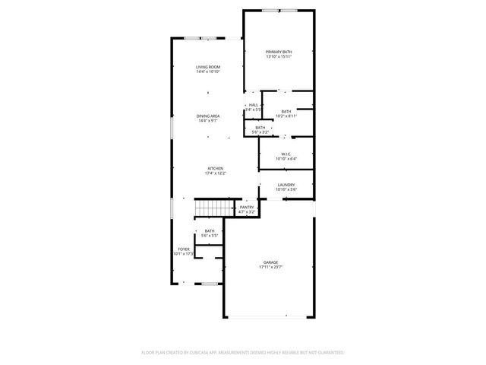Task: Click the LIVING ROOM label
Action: (208, 67)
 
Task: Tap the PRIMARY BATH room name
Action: (279, 52)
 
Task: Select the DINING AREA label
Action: (208, 116)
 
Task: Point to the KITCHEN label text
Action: (216, 168)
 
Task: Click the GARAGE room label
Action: (271, 262)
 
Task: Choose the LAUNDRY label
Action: (286, 185)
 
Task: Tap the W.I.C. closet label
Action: (286, 154)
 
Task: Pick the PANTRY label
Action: (247, 207)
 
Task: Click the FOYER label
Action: (184, 249)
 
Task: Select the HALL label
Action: (254, 105)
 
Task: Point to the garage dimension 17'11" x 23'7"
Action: (271, 268)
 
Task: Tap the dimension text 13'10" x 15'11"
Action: (279, 57)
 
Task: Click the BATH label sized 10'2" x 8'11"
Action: (286, 112)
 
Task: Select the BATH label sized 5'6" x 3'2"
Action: (260, 128)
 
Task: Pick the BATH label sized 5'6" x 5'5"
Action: (209, 231)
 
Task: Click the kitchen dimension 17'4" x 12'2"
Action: (216, 173)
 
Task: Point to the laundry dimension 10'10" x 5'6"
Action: (286, 190)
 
